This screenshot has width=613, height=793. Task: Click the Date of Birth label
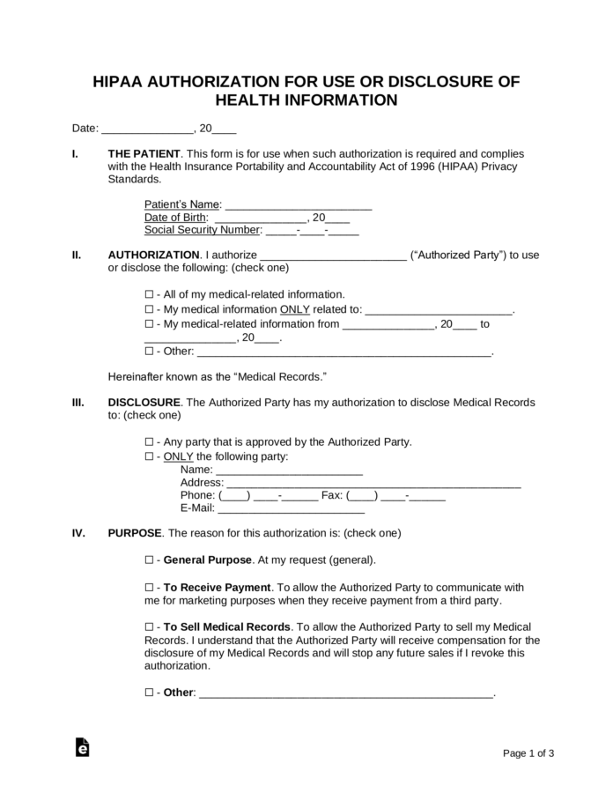coord(176,218)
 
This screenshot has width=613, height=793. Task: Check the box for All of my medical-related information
coord(148,294)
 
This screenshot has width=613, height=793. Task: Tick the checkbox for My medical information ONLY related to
coord(148,309)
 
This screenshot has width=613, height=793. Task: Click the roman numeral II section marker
coord(77,256)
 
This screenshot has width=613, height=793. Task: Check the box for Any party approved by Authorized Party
coord(148,442)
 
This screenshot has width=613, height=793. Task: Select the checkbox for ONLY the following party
coord(148,456)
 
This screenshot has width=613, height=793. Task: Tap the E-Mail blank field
coord(291,508)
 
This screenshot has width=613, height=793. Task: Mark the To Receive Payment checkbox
coord(148,587)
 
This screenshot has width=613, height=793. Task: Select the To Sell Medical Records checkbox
coord(148,626)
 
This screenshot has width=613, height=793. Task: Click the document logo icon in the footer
coord(83,746)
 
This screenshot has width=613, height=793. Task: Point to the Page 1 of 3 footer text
coord(528,753)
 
